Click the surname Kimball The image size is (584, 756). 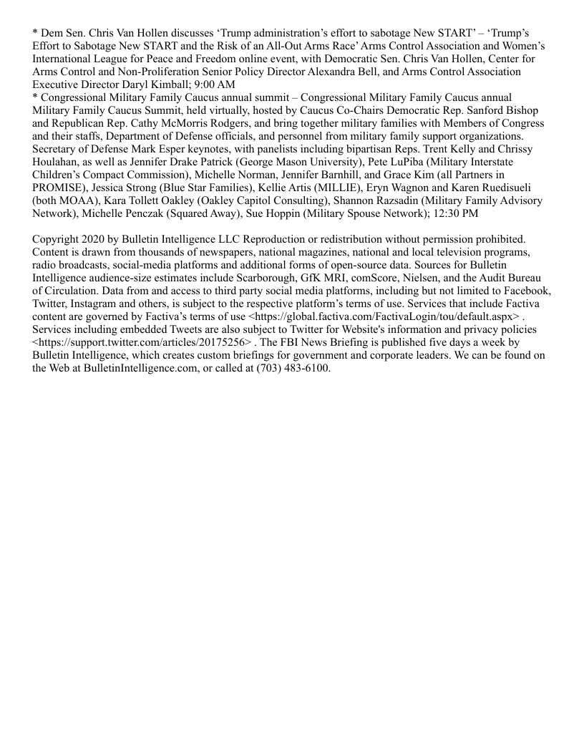click(174, 84)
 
